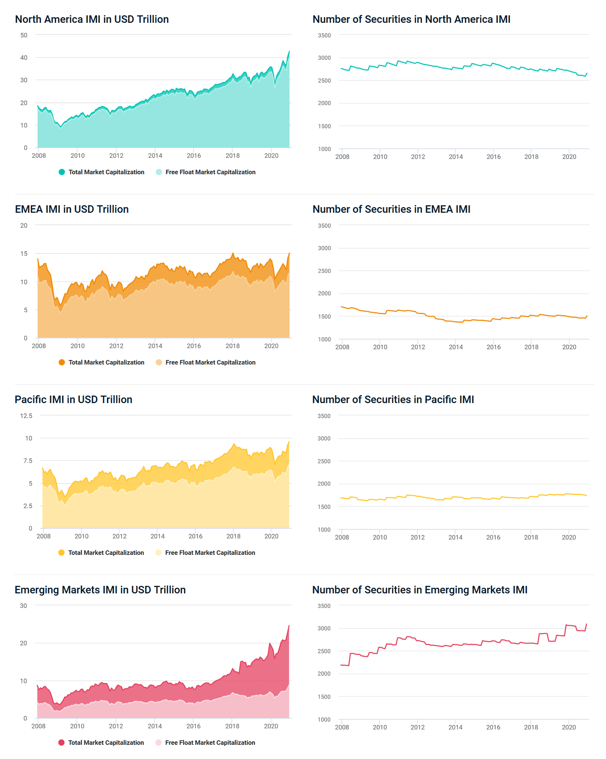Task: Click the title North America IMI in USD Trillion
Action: point(92,19)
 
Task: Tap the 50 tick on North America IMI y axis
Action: point(24,35)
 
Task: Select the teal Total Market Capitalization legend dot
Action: point(62,172)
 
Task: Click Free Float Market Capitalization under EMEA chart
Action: point(210,362)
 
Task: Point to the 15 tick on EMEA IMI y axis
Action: point(24,254)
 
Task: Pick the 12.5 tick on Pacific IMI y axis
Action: point(26,416)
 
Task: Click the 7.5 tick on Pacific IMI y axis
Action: point(28,461)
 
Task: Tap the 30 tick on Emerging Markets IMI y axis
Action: point(23,606)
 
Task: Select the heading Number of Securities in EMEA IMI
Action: point(391,209)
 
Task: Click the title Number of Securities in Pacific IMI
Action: point(393,400)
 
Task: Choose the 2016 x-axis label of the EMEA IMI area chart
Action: point(194,346)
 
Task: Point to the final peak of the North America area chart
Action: point(289,51)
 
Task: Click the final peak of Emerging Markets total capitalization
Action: point(289,625)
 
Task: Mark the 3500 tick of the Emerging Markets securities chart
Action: point(324,606)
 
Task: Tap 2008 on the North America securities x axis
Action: point(342,157)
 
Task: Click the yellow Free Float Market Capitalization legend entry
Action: point(210,553)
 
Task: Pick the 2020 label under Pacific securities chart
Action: point(569,538)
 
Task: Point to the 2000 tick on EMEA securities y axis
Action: point(324,294)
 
